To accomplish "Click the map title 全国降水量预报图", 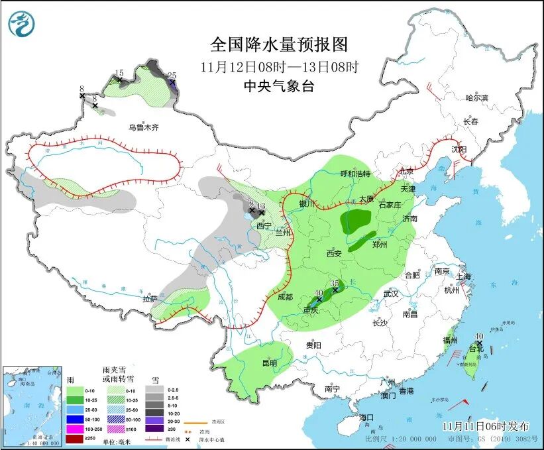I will click(x=278, y=44).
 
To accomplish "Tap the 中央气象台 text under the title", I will click(x=278, y=85).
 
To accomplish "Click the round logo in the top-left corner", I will click(x=21, y=25).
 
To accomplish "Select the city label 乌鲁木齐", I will click(x=144, y=127).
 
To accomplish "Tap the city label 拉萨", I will click(x=150, y=299).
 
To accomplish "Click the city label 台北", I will click(x=476, y=348).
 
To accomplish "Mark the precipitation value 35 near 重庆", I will click(x=335, y=283).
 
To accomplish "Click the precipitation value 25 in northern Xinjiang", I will click(x=172, y=75).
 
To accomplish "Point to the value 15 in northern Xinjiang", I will click(x=119, y=73).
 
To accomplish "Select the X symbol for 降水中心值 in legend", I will click(x=188, y=440).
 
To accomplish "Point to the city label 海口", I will click(x=366, y=418).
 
